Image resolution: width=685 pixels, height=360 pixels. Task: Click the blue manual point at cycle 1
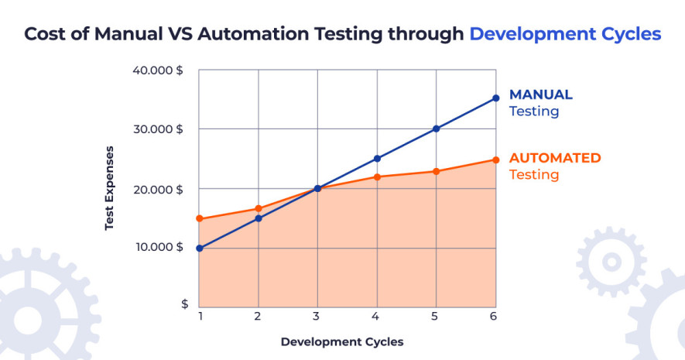tap(199, 248)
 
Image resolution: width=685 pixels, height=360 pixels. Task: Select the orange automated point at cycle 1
tap(199, 218)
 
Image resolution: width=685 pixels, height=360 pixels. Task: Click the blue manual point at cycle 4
tap(377, 158)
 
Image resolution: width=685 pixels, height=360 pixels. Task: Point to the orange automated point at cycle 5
tap(437, 171)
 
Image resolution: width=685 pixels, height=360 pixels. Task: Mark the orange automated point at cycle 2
tap(259, 208)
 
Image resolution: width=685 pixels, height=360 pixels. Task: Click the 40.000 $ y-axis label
tap(157, 70)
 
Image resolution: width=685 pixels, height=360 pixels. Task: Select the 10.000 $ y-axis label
tap(157, 247)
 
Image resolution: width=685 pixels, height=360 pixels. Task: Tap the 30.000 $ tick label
tap(157, 129)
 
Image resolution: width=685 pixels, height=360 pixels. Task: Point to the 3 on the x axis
tap(317, 316)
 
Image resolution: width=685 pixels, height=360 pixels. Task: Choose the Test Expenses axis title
tap(110, 188)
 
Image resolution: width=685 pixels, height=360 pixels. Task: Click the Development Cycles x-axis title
tap(342, 341)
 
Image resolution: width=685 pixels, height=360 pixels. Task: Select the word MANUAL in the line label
tap(540, 95)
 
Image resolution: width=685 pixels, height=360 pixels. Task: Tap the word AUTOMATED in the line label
tap(554, 158)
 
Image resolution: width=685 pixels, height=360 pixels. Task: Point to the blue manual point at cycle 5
tap(437, 129)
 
